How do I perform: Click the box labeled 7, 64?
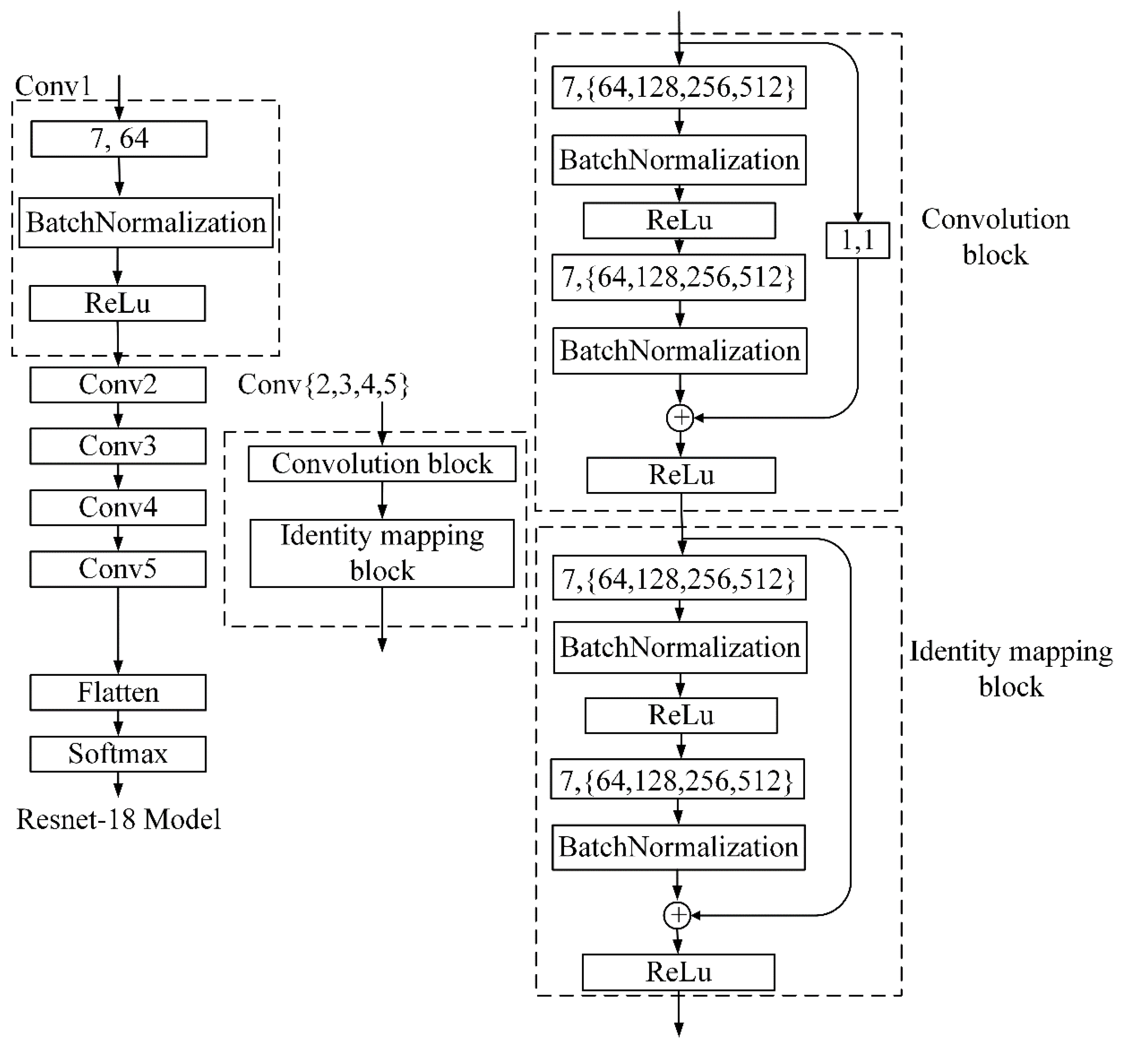point(118,139)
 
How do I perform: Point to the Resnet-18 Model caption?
point(118,820)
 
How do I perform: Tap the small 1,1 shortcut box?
point(857,241)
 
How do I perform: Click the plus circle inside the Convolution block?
point(680,418)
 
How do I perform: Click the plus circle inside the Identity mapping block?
point(677,915)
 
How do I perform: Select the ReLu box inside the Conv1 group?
point(117,303)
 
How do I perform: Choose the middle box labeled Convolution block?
point(382,464)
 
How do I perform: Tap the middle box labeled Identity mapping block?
point(382,553)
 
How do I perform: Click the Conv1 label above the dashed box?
point(53,86)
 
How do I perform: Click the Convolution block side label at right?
point(995,237)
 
